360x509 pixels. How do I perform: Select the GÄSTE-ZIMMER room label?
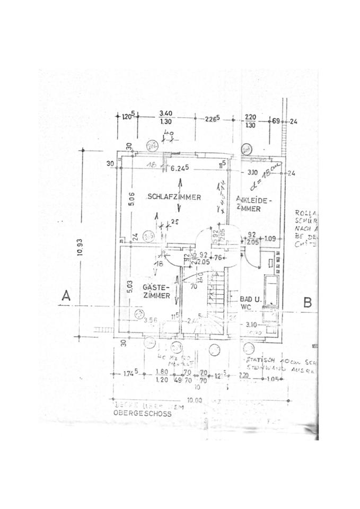coord(156,291)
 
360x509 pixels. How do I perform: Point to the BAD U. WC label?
coord(249,302)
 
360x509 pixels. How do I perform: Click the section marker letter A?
coord(66,296)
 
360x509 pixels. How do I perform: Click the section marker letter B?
coord(307,302)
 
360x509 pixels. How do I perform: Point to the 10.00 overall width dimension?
coord(195,400)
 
